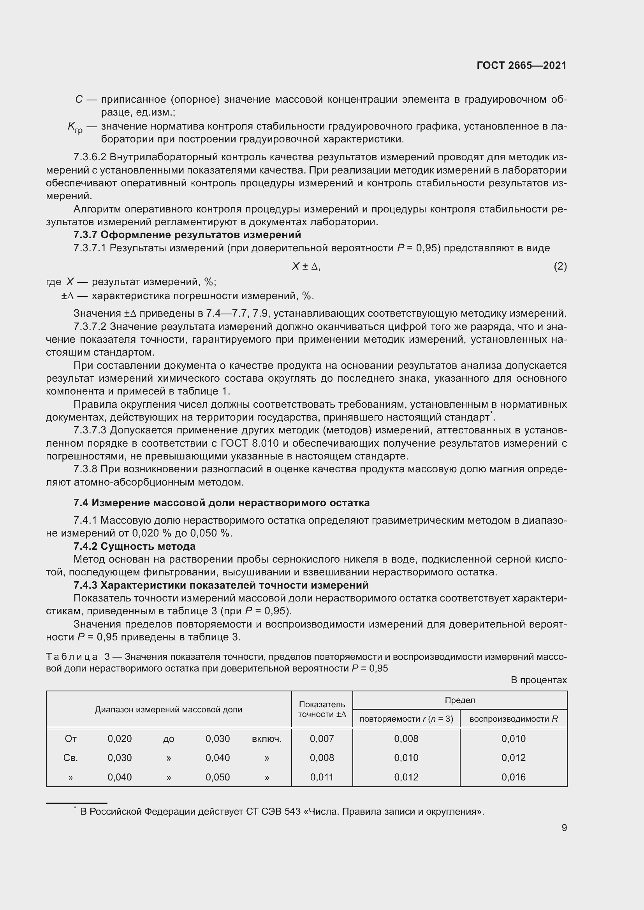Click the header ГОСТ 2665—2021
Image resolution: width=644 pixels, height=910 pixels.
coord(521,65)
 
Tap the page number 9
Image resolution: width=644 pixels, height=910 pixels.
coord(564,828)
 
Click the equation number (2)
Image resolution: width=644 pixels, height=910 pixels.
coord(560,267)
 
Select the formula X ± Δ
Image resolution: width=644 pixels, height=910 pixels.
coord(306,267)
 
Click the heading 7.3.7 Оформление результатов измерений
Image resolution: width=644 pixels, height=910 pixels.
coord(187,235)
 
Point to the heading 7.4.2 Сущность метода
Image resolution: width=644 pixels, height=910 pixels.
coord(134,546)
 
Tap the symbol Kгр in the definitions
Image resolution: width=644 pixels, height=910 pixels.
coord(75,127)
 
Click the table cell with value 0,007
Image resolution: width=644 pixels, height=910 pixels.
coord(322,738)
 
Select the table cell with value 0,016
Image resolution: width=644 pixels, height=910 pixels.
coord(513,777)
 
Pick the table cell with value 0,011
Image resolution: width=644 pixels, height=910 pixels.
coord(322,777)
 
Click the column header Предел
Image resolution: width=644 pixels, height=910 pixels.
coord(459,700)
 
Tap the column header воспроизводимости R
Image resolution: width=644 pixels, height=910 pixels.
coord(513,719)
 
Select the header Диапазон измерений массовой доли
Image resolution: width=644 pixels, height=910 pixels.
coord(169,710)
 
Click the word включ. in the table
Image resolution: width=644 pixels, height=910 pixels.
coord(266,739)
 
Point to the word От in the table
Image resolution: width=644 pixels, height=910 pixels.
coord(70,739)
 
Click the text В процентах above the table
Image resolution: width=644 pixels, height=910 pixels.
coord(538,680)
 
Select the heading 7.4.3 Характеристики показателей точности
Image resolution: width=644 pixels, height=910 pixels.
coord(221,585)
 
